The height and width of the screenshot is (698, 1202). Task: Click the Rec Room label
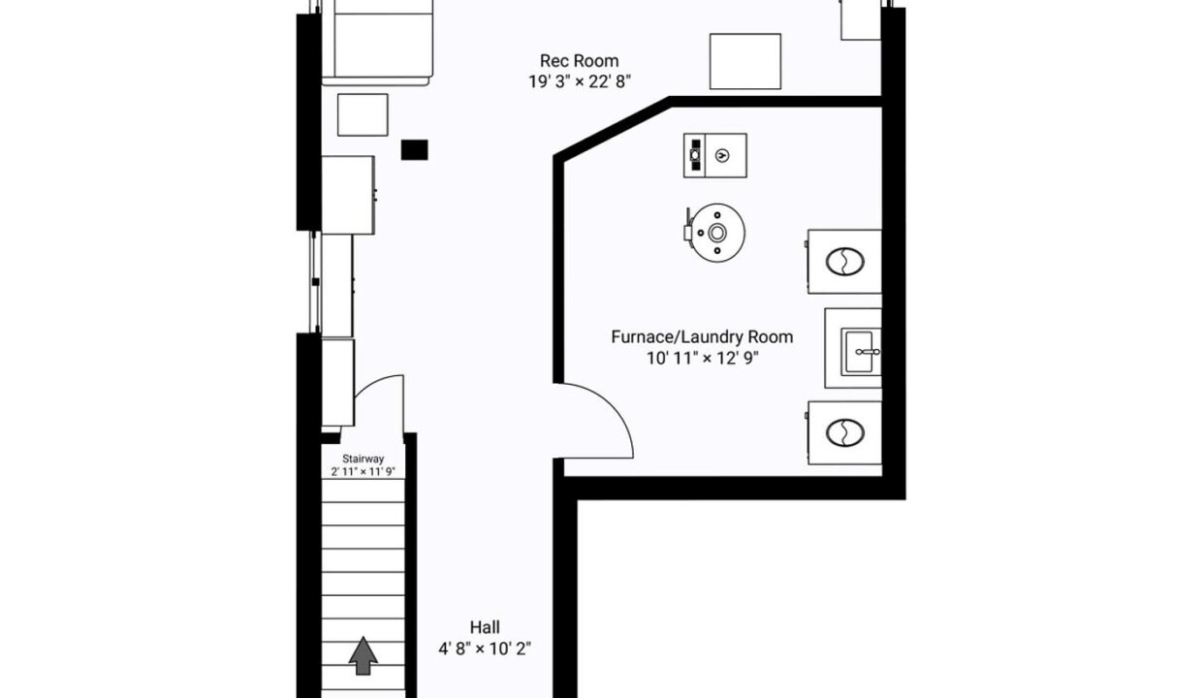point(579,61)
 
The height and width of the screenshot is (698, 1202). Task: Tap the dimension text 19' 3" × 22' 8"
point(580,81)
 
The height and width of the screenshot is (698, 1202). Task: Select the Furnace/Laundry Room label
point(702,337)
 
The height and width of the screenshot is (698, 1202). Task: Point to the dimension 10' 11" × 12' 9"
point(702,358)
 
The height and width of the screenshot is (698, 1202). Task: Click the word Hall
point(485,627)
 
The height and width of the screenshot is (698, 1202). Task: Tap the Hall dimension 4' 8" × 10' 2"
point(485,649)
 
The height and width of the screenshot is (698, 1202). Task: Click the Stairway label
point(364,459)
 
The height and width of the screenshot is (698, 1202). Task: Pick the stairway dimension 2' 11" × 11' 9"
point(364,471)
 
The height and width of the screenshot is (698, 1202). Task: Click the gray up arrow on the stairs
point(364,655)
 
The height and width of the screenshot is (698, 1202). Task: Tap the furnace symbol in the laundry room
point(714,155)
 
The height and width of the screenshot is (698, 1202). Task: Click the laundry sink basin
point(860,352)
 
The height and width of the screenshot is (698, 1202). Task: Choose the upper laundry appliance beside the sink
point(844,262)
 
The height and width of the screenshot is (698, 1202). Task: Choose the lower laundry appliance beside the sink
point(844,432)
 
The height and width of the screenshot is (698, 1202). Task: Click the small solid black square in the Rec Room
point(414,149)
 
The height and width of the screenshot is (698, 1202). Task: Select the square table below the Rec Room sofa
point(363,114)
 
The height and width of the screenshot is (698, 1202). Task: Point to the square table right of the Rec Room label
point(745,61)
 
